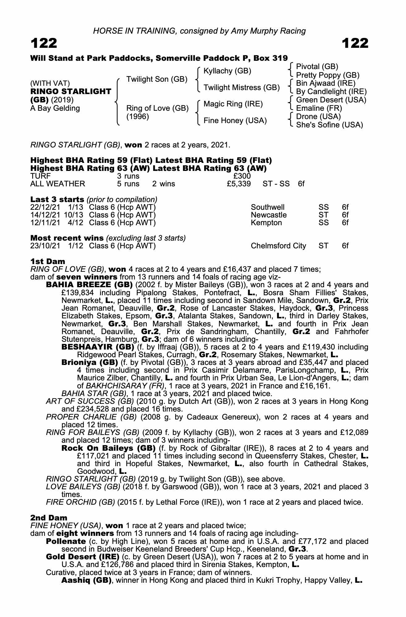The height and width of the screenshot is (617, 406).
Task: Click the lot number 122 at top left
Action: coord(44,43)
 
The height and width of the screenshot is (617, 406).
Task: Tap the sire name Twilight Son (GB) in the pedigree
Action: coord(157,79)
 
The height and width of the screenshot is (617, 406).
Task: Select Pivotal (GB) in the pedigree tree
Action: coord(317,67)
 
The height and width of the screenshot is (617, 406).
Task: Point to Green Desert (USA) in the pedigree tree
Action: coord(331,100)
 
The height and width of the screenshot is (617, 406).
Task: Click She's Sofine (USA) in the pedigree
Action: coord(329,125)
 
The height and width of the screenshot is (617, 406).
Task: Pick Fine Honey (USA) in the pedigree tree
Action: coord(235,121)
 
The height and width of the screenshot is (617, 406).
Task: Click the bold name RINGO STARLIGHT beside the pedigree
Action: coord(71,92)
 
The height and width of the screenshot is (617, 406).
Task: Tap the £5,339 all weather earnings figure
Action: coord(238,184)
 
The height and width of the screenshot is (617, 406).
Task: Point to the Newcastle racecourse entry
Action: coord(269,215)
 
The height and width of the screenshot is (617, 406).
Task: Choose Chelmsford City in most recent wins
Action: coord(278,246)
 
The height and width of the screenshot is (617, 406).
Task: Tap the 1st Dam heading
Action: coord(48,262)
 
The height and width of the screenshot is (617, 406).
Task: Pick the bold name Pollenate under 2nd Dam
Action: coord(66,541)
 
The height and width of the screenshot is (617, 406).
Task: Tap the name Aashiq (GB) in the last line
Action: coord(87,580)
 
